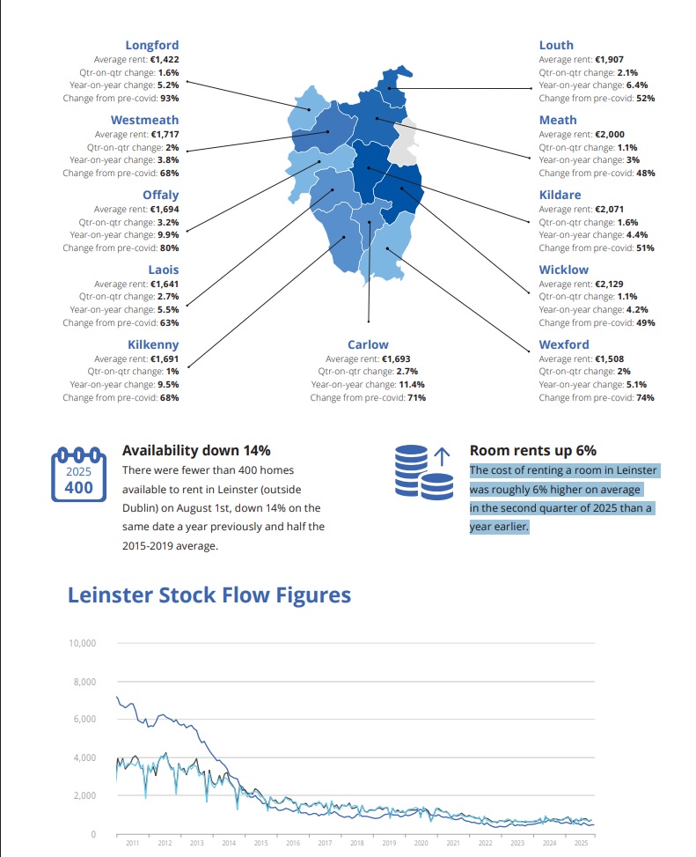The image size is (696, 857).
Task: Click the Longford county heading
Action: (151, 45)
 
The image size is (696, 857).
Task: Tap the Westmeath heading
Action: (144, 120)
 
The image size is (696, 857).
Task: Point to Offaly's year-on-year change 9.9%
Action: (168, 235)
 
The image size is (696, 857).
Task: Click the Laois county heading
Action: (163, 270)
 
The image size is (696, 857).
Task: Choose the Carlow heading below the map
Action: (368, 344)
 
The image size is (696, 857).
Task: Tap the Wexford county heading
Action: (564, 344)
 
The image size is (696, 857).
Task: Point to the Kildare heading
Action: (560, 195)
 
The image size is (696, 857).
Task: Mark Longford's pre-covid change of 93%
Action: (169, 99)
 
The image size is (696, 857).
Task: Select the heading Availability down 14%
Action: (196, 450)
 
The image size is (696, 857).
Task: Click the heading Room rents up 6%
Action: (533, 450)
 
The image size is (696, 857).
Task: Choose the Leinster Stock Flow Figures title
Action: (209, 595)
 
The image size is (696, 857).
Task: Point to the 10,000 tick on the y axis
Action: (82, 644)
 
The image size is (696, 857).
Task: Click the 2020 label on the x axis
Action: (421, 844)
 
